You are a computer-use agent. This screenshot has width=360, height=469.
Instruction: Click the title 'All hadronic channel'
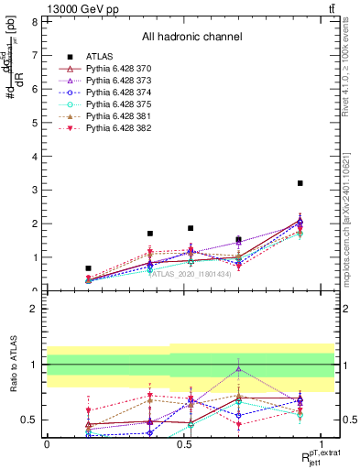point(191,38)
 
